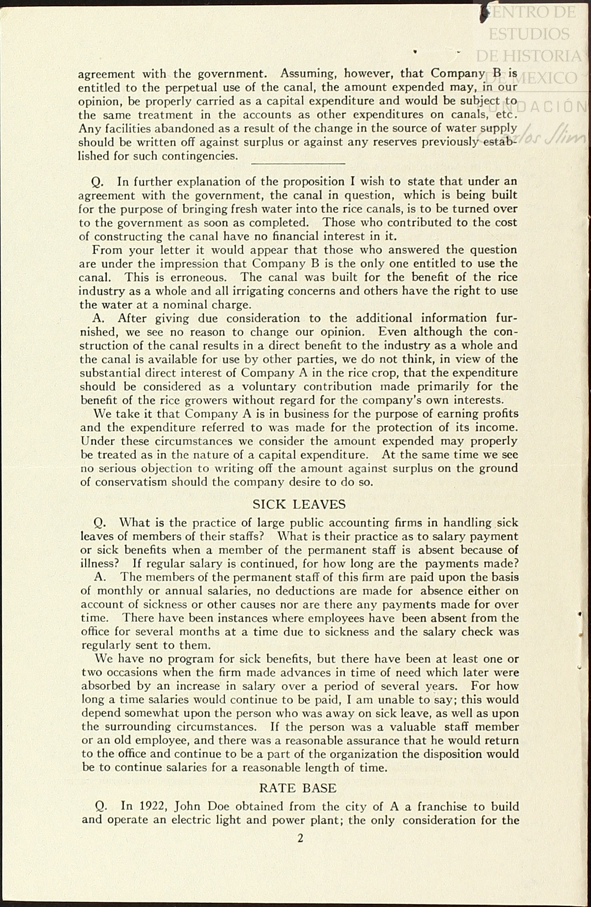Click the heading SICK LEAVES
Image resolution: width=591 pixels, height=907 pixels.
(299, 505)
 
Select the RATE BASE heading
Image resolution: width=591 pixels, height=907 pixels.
(298, 788)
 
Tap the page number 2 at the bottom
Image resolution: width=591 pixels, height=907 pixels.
(300, 838)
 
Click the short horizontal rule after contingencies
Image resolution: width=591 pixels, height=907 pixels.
(298, 163)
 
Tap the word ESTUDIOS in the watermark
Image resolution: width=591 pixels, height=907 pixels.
(529, 34)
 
